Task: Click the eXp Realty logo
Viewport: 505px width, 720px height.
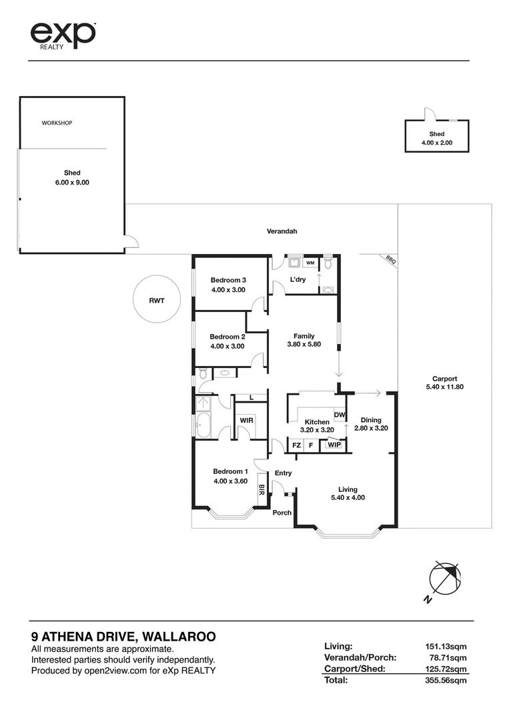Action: [x=63, y=35]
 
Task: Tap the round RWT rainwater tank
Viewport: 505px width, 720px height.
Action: [x=157, y=300]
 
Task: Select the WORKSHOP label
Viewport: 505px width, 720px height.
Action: [x=57, y=123]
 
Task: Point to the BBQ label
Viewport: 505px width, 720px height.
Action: [x=390, y=261]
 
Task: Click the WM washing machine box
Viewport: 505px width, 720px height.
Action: [x=311, y=263]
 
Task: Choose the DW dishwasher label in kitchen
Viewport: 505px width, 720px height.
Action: [x=339, y=415]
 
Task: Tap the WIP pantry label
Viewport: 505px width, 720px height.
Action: [x=334, y=445]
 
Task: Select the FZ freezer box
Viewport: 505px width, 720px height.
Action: [x=296, y=445]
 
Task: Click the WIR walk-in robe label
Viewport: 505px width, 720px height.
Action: [x=245, y=421]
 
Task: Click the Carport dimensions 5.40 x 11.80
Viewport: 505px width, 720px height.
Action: [x=444, y=387]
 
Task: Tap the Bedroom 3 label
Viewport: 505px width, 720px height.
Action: [x=229, y=280]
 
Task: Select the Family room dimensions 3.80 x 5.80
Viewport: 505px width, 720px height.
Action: [x=304, y=345]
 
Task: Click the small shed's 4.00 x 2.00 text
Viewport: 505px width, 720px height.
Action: [x=437, y=143]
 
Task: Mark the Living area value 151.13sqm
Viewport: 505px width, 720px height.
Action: [x=446, y=645]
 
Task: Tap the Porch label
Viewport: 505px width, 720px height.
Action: [x=282, y=513]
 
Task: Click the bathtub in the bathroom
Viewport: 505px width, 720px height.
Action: [x=201, y=425]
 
